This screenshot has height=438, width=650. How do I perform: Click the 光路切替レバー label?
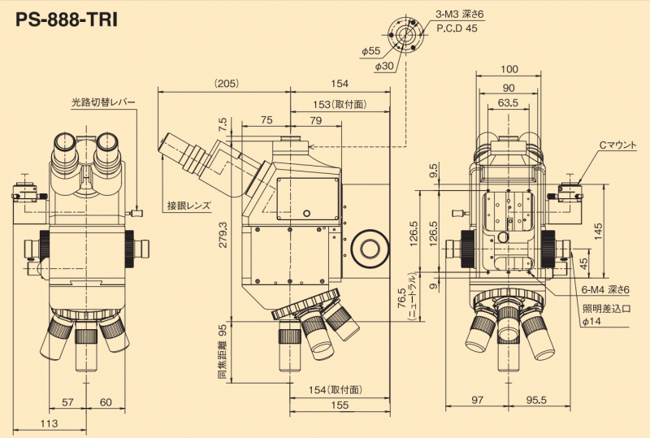point(103,103)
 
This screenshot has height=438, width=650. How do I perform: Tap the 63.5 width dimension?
point(509,103)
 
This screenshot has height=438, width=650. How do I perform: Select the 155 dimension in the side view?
point(340,405)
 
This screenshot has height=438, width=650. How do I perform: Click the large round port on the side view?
point(370,246)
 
